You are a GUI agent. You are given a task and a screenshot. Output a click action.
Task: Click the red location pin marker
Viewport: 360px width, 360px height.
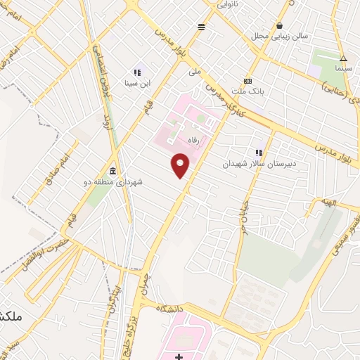181,166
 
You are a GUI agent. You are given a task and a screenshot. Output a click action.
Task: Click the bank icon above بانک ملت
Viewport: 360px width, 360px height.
247,81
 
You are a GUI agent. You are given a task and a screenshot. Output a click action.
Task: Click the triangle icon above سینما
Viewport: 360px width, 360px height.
343,59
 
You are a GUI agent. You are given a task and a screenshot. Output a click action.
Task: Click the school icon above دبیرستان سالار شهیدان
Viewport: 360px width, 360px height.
259,152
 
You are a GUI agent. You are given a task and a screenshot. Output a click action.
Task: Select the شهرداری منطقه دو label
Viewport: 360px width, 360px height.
113,181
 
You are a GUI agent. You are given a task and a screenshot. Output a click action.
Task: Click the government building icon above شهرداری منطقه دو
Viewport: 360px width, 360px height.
112,171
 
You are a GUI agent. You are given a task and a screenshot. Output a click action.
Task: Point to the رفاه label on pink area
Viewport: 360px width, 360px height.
193,141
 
